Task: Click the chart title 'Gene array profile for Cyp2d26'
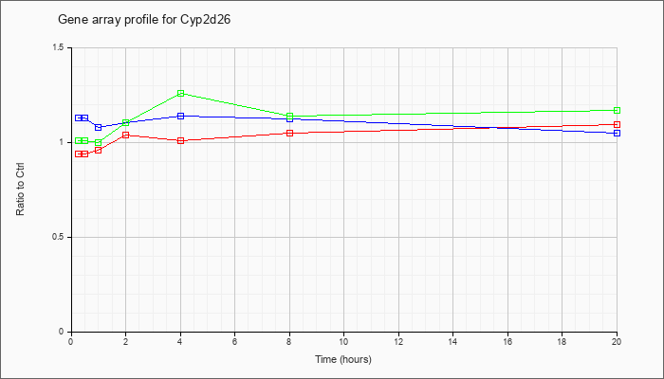(144, 20)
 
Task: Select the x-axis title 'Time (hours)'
(343, 359)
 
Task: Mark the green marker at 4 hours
(181, 93)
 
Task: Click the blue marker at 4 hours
(181, 116)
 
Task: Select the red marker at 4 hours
(181, 140)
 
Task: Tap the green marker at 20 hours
(617, 111)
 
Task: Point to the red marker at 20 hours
(617, 124)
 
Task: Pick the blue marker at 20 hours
(617, 133)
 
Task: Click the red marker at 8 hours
(289, 133)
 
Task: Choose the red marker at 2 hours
(126, 135)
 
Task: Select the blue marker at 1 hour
(99, 127)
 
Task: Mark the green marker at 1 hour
(99, 142)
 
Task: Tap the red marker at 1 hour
(99, 150)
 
